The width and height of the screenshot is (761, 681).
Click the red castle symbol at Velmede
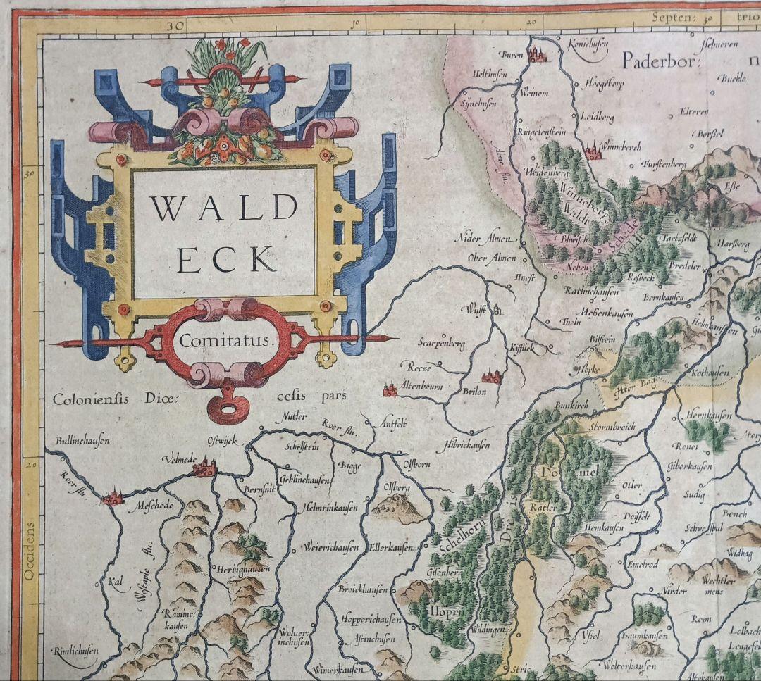[x=205, y=467]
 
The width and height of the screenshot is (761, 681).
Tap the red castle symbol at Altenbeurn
[x=388, y=388]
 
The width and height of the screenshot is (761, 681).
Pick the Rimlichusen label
[x=78, y=651]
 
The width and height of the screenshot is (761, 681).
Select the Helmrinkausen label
[x=331, y=507]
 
